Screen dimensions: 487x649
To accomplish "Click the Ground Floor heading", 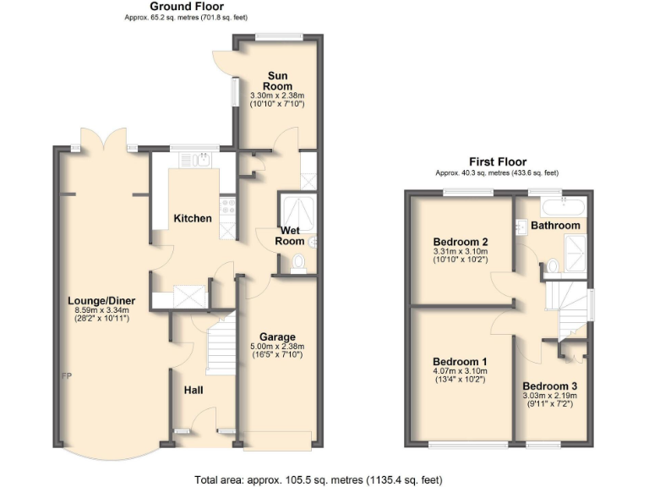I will tap(187, 7).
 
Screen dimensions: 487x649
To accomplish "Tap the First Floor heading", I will tap(498, 161).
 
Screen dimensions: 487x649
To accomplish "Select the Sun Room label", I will tap(277, 81).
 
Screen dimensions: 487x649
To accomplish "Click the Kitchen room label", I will tap(193, 219).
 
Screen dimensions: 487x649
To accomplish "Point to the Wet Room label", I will tap(290, 236).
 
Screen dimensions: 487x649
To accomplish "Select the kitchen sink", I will tap(203, 160).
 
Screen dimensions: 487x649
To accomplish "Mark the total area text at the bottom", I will tap(318, 479).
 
